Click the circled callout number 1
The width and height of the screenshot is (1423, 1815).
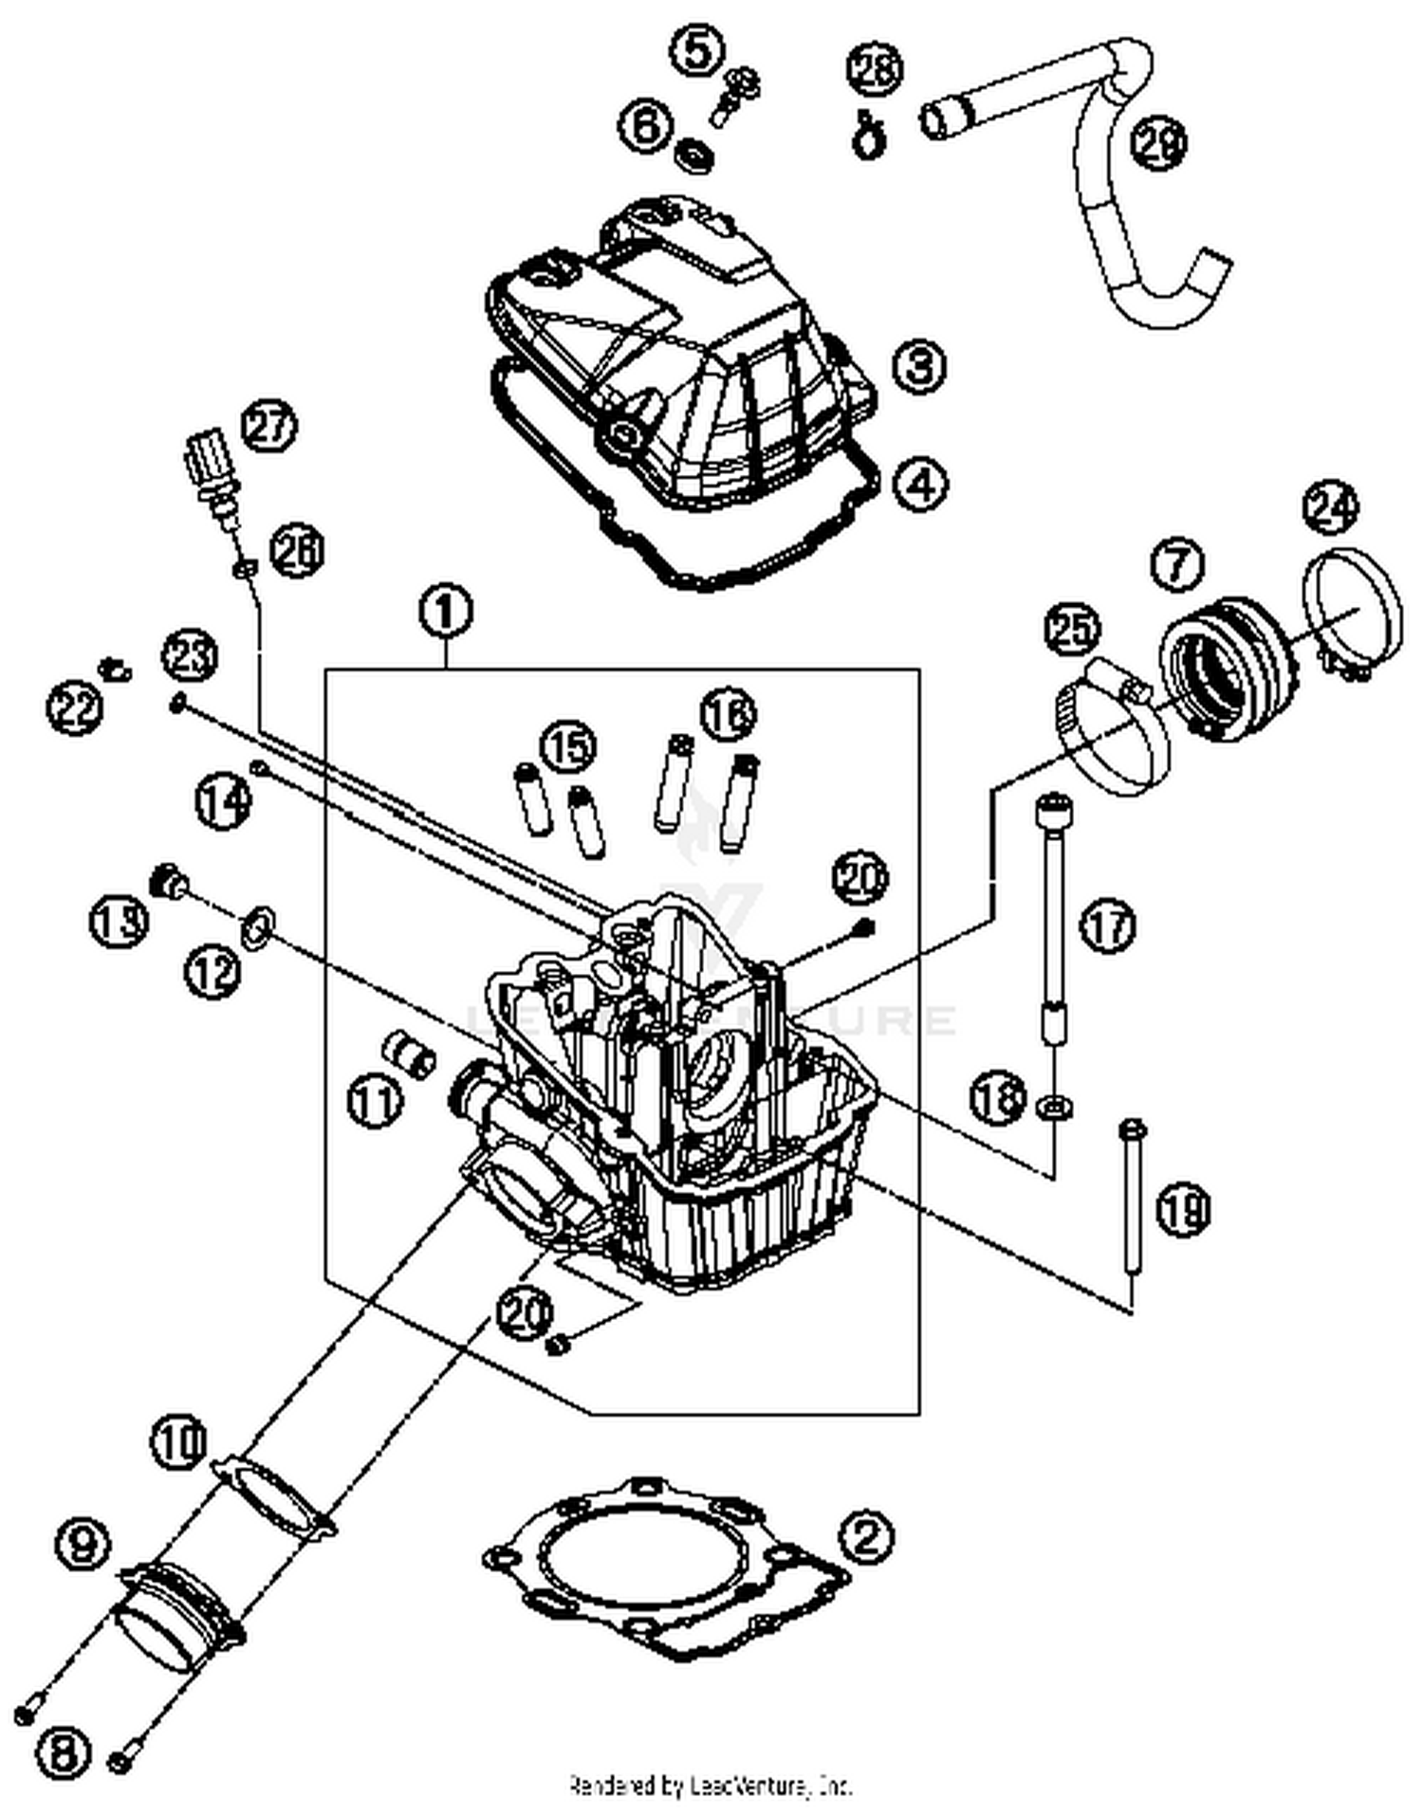pos(446,612)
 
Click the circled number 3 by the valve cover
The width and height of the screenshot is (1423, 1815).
pos(919,365)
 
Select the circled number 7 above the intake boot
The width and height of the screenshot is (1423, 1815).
pos(1177,564)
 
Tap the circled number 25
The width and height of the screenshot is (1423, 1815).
pos(1073,631)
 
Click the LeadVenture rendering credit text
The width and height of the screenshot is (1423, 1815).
pos(711,1786)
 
